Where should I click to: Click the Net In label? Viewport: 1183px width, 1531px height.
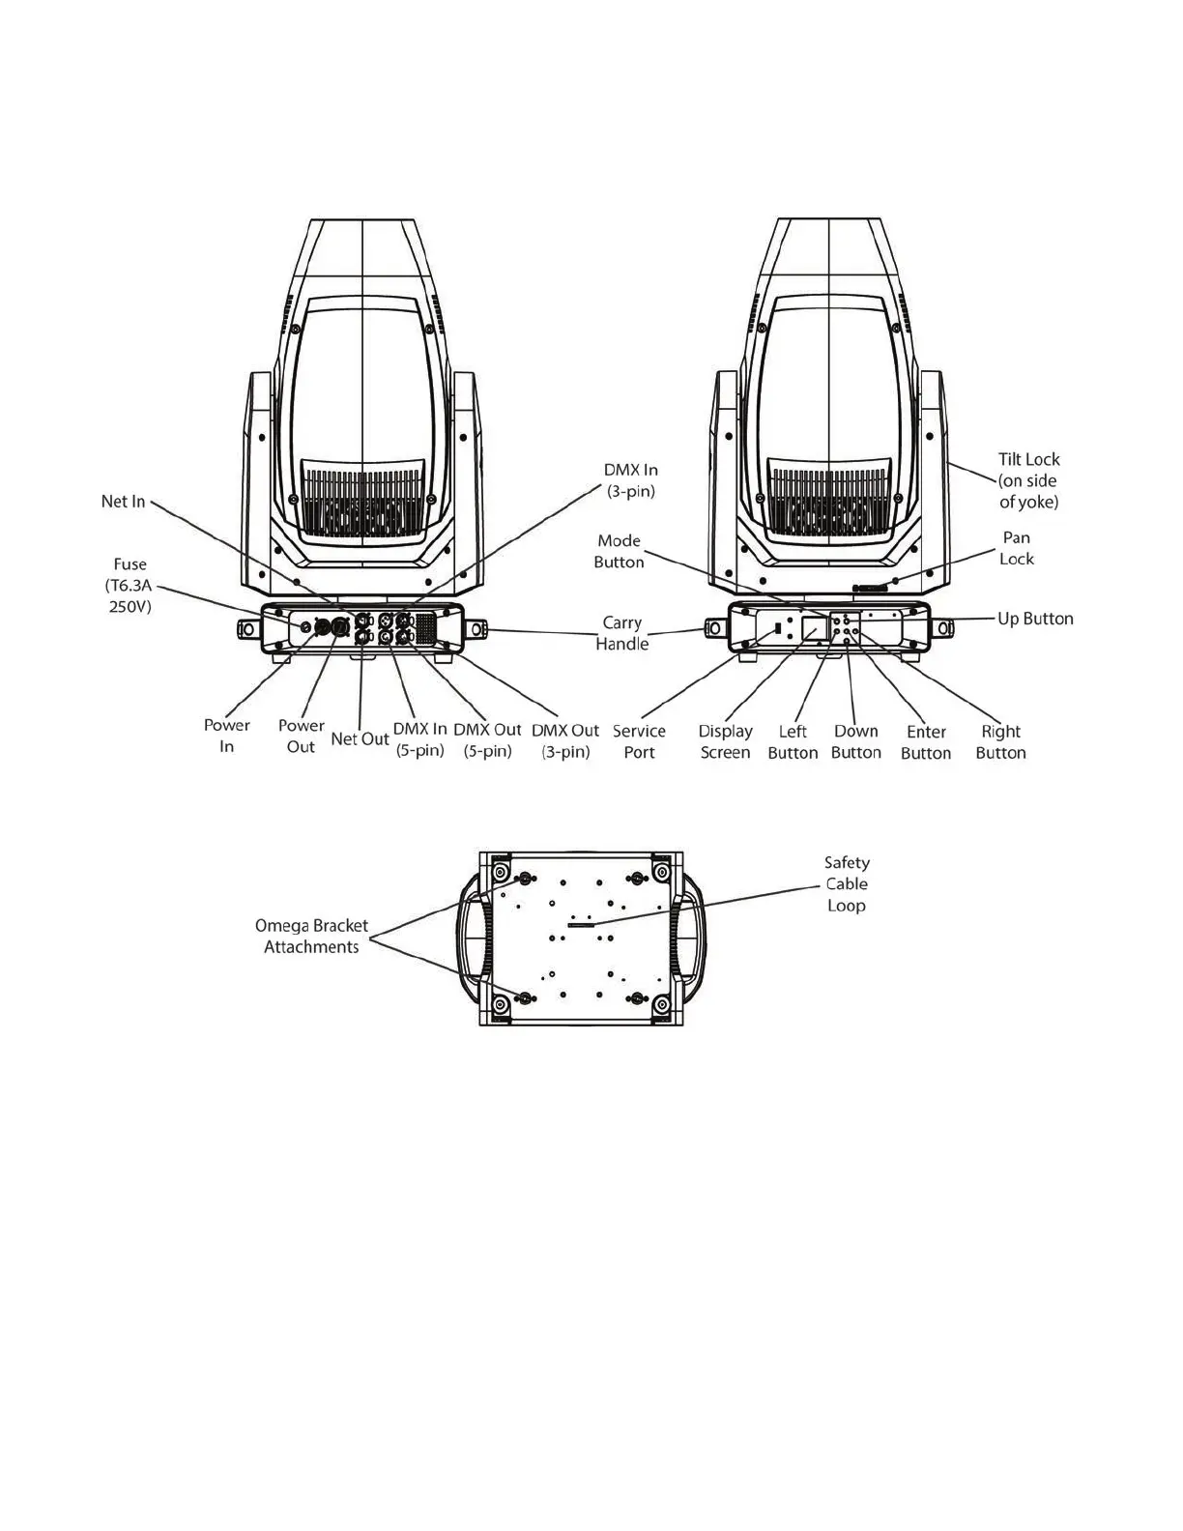[123, 502]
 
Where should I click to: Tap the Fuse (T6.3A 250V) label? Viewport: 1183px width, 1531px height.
[130, 586]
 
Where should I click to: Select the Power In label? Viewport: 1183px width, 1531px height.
[226, 736]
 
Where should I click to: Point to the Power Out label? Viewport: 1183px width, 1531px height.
[301, 736]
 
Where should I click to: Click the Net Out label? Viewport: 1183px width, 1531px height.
[360, 739]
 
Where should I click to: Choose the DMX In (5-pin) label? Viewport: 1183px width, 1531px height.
[419, 739]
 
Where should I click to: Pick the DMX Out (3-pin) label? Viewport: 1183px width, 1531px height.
[565, 740]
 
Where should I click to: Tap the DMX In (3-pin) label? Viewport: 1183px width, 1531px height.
[631, 480]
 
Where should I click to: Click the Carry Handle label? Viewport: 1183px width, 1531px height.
[622, 633]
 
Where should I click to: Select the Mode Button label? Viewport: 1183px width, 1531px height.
[620, 551]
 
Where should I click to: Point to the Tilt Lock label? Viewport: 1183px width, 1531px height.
[1028, 480]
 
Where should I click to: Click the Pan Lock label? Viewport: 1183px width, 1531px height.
[1016, 548]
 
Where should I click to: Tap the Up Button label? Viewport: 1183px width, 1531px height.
[1035, 619]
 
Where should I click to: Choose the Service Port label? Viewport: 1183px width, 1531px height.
[639, 741]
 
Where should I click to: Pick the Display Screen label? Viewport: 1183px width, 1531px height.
[725, 741]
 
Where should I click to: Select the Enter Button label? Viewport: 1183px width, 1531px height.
[926, 742]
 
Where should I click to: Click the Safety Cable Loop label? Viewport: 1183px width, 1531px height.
[847, 883]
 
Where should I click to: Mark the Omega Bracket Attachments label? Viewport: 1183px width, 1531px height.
[311, 937]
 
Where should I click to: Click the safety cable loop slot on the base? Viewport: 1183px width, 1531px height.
[582, 925]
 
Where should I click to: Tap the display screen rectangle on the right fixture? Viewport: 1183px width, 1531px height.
[815, 629]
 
